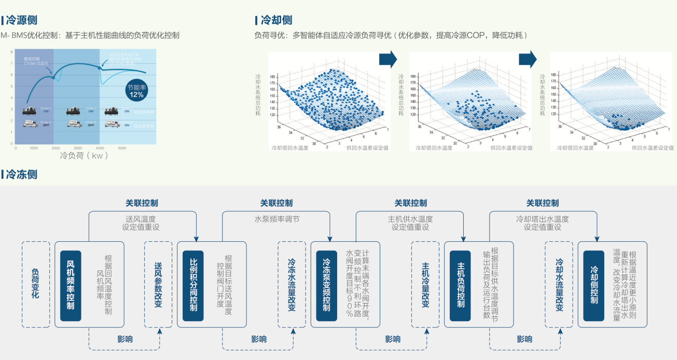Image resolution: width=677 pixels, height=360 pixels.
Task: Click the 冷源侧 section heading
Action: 21,20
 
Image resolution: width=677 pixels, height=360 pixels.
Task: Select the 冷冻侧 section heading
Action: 21,174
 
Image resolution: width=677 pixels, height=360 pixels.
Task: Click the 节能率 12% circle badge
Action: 136,91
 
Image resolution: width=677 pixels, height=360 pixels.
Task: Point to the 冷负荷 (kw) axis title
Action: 83,156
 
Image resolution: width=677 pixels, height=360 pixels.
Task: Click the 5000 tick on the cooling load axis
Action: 122,148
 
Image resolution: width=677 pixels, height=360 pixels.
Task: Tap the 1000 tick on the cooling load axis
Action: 34,148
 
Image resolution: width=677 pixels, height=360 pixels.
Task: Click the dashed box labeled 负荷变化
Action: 36,284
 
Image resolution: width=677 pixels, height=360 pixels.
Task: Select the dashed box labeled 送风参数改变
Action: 158,284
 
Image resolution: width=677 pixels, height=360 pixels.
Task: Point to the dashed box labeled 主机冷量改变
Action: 425,284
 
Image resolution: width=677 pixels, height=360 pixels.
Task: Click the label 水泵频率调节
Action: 277,219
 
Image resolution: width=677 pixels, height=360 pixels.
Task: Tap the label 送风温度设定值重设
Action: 141,223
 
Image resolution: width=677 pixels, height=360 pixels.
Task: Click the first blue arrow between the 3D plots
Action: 388,59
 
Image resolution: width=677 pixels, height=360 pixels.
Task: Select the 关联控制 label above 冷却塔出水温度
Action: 543,203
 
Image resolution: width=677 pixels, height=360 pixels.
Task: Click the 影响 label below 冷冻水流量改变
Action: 259,339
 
